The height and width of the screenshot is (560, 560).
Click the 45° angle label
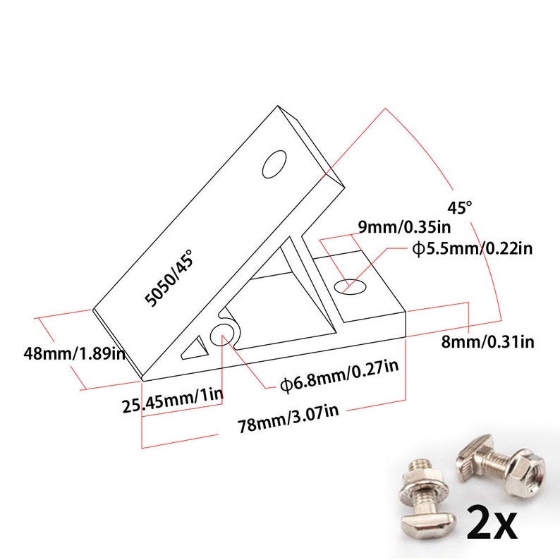click(x=459, y=207)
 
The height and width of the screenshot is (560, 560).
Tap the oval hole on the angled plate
click(x=274, y=164)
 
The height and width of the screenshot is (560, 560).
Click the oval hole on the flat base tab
click(x=351, y=286)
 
